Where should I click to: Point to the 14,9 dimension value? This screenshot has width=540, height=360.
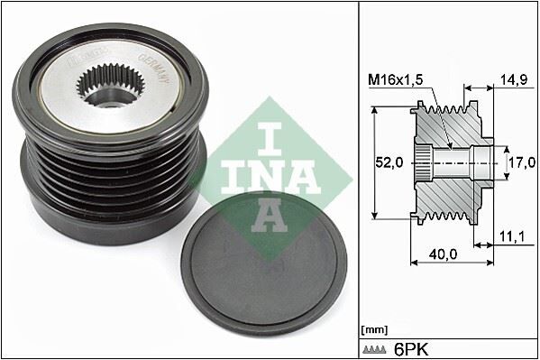(x=513, y=80)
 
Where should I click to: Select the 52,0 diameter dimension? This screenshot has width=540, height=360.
(x=389, y=164)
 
